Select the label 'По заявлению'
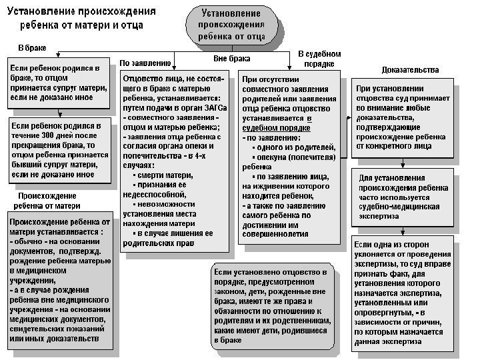145,63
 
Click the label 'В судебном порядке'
319,57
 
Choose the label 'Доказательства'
410,70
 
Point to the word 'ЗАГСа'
216,107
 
